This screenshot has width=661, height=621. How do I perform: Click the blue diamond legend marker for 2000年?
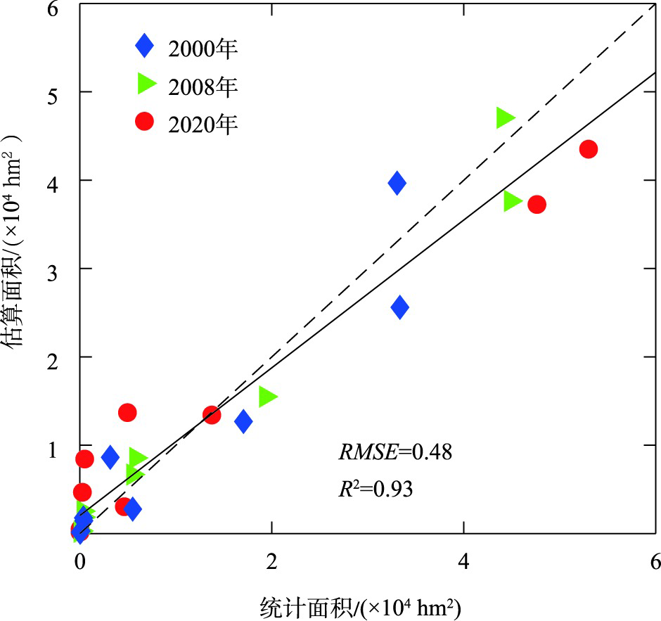pyautogui.click(x=144, y=47)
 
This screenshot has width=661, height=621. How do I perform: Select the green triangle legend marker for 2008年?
pyautogui.click(x=146, y=84)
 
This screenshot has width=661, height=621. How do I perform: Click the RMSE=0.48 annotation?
pyautogui.click(x=394, y=452)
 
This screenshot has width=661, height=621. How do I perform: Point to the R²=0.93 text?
pyautogui.click(x=376, y=488)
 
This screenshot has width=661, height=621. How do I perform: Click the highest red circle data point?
pyautogui.click(x=589, y=149)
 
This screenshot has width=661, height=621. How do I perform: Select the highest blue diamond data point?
pyautogui.click(x=397, y=184)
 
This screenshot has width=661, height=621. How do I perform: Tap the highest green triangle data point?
pyautogui.click(x=505, y=117)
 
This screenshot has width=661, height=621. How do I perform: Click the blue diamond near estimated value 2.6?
pyautogui.click(x=399, y=307)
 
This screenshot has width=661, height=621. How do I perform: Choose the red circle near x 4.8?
pyautogui.click(x=537, y=205)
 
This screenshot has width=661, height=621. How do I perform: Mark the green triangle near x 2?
pyautogui.click(x=267, y=397)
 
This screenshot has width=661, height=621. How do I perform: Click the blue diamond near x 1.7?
pyautogui.click(x=243, y=421)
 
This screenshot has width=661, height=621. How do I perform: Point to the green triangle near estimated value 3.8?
pyautogui.click(x=512, y=201)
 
